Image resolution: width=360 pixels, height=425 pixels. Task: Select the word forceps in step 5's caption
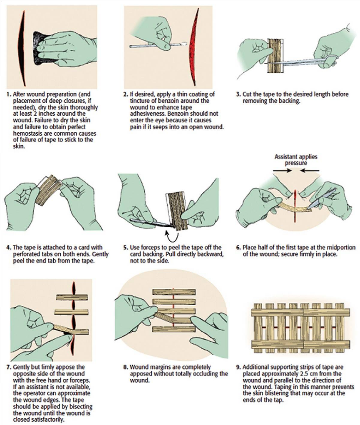tap(152, 247)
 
